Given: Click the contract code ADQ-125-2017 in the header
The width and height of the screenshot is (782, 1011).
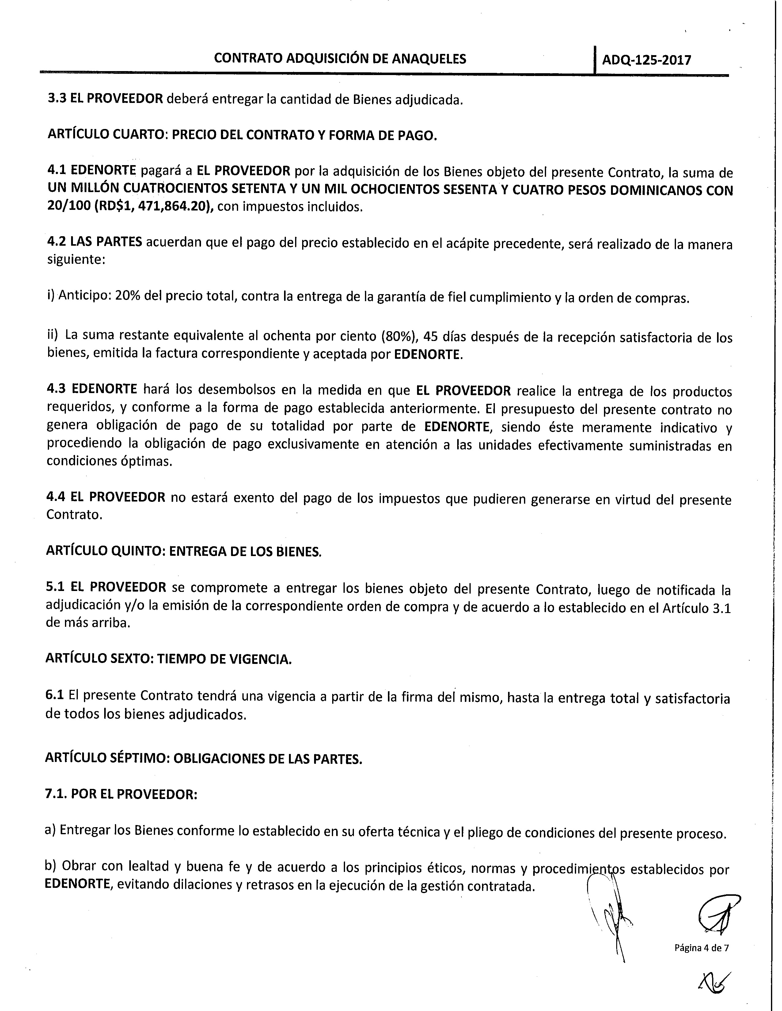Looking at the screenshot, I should pos(646,60).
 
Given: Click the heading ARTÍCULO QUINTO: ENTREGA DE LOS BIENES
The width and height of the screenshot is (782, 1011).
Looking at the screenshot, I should pos(183,551).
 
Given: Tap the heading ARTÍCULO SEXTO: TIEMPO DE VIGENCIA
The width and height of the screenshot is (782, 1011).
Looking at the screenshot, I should pos(169,659).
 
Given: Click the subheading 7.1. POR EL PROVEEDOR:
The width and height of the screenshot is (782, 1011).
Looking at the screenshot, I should pos(121,794).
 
